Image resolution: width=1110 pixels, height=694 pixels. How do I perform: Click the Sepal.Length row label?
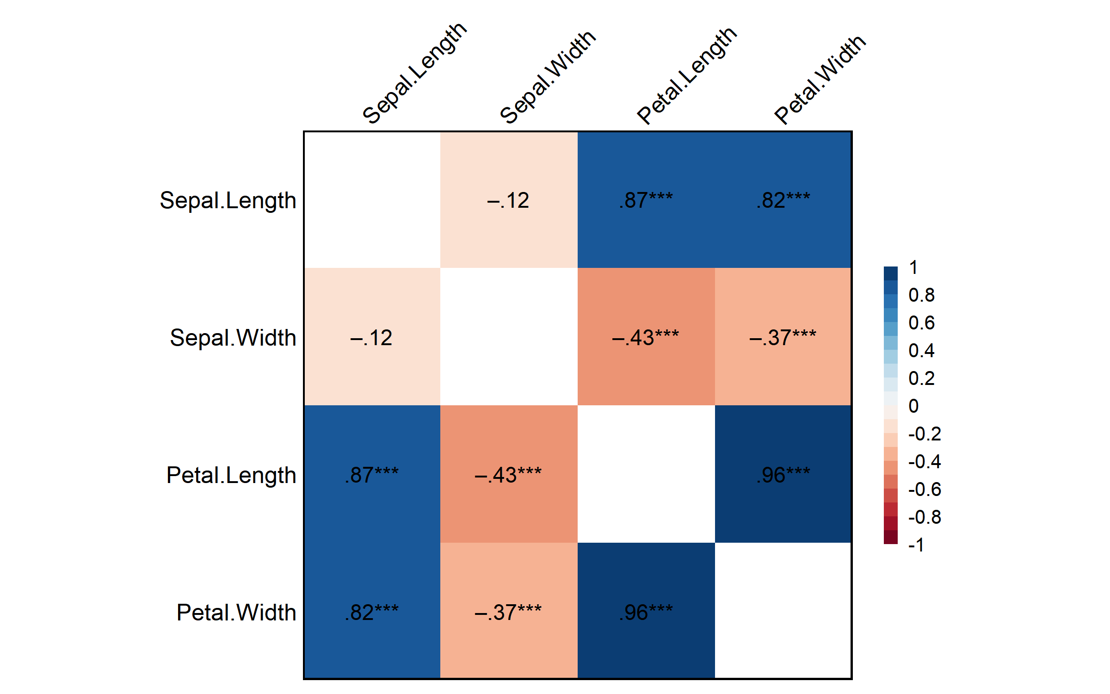(228, 201)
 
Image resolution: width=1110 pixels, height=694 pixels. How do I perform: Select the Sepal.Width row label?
(233, 338)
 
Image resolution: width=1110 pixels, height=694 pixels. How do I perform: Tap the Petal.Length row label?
(231, 475)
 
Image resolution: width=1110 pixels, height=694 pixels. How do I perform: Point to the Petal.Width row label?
(236, 613)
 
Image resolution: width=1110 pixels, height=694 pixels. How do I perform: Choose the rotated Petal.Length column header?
(686, 75)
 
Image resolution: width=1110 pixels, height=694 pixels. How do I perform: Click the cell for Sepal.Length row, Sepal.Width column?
(509, 200)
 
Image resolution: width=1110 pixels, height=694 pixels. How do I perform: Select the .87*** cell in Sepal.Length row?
(646, 200)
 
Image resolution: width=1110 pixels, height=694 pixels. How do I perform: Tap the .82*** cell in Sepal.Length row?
(783, 200)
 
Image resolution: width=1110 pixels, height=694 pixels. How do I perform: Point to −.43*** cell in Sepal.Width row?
(646, 337)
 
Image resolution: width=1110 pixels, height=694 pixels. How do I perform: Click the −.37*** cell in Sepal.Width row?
(783, 337)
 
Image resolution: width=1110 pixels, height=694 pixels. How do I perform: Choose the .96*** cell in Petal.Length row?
(783, 475)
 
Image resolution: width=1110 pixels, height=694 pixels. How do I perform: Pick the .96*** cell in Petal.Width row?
(646, 612)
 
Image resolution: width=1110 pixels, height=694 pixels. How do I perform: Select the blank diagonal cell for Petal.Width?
(783, 611)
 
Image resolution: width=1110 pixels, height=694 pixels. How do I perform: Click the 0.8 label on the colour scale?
(921, 295)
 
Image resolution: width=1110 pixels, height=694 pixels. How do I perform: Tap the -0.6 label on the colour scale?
(924, 490)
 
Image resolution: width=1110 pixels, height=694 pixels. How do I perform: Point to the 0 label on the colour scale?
(913, 406)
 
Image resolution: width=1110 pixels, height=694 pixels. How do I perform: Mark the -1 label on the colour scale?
(916, 545)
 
